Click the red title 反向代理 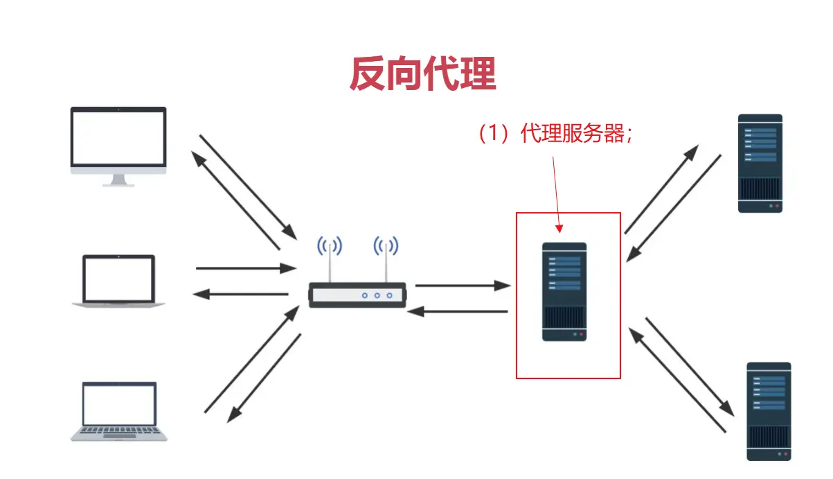(422, 74)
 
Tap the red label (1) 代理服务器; (555, 134)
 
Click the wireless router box (357, 295)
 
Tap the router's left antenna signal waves (330, 247)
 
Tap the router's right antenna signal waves (386, 247)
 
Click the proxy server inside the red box (564, 291)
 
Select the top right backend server (760, 163)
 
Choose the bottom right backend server (769, 410)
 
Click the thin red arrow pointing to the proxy (557, 194)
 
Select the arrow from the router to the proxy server (463, 285)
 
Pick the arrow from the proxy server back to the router (458, 311)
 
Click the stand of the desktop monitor (118, 180)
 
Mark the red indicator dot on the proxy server (581, 334)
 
